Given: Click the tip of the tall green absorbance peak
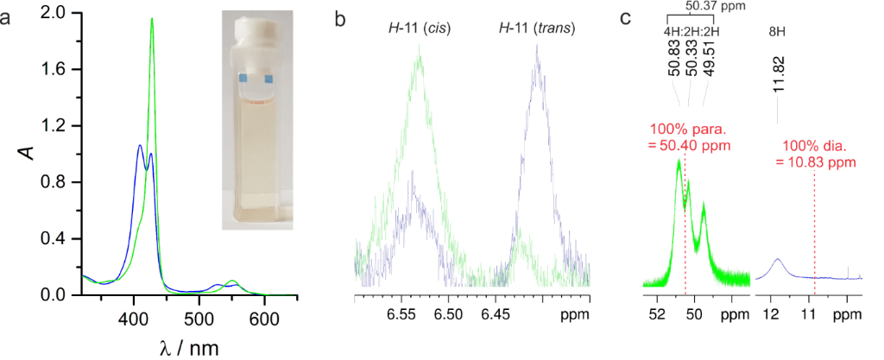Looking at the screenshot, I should tap(152, 18).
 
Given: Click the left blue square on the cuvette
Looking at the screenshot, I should tap(243, 79).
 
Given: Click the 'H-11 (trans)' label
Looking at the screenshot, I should tap(537, 30).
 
